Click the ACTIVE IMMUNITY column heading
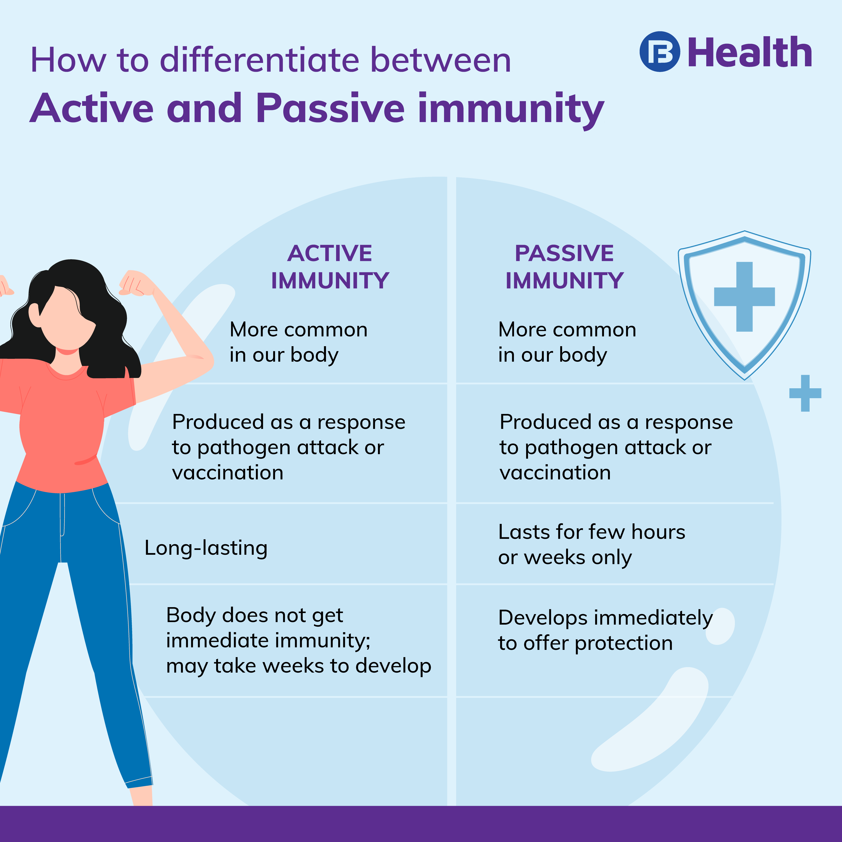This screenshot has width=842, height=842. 330,267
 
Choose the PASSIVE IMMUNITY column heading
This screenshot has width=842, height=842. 564,267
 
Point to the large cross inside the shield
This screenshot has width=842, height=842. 744,296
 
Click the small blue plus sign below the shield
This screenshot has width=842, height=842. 805,393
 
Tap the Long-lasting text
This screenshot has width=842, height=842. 206,548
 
